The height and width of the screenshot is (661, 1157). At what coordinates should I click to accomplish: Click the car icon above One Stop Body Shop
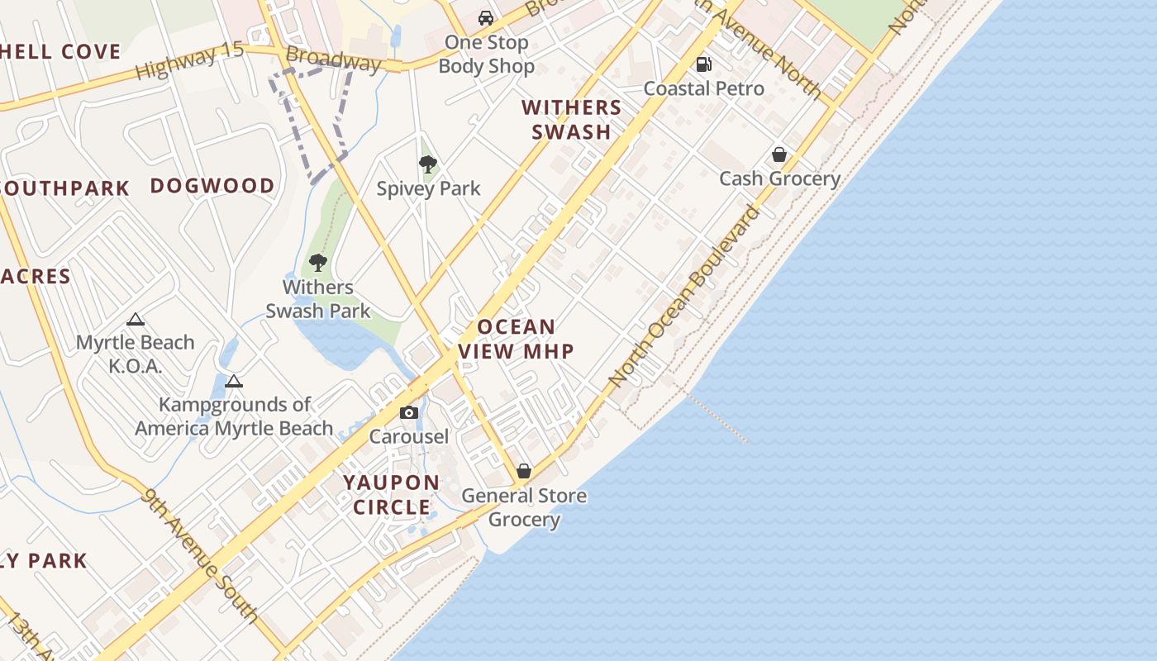pyautogui.click(x=486, y=18)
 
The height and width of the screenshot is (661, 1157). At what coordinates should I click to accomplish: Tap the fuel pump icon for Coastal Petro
pyautogui.click(x=704, y=64)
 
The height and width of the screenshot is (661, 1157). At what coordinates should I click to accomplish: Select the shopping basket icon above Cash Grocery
pyautogui.click(x=778, y=155)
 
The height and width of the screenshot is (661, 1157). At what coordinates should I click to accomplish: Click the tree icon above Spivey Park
pyautogui.click(x=427, y=164)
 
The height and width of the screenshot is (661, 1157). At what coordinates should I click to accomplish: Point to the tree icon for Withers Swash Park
pyautogui.click(x=318, y=263)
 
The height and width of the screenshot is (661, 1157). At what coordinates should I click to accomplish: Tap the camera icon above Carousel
pyautogui.click(x=408, y=412)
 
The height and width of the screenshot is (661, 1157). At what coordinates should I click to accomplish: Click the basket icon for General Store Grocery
pyautogui.click(x=524, y=471)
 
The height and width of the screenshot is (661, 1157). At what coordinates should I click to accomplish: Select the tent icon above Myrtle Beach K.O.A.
pyautogui.click(x=136, y=319)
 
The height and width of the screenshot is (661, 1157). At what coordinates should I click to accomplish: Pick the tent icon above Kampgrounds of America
pyautogui.click(x=234, y=381)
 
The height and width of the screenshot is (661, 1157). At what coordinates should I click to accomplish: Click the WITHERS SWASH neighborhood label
pyautogui.click(x=572, y=120)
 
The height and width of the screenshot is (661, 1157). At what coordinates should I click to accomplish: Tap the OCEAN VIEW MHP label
pyautogui.click(x=516, y=339)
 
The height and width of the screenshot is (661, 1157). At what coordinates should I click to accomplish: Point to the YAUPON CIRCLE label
pyautogui.click(x=392, y=494)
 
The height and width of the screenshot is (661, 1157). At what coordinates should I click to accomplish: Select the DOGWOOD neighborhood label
pyautogui.click(x=212, y=186)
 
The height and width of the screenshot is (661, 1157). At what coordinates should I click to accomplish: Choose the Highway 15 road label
pyautogui.click(x=190, y=61)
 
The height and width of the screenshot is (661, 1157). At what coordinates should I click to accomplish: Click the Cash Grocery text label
pyautogui.click(x=779, y=178)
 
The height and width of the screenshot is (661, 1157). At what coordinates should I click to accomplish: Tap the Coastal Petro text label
pyautogui.click(x=704, y=88)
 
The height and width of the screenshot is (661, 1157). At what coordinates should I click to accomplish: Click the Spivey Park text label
pyautogui.click(x=428, y=188)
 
